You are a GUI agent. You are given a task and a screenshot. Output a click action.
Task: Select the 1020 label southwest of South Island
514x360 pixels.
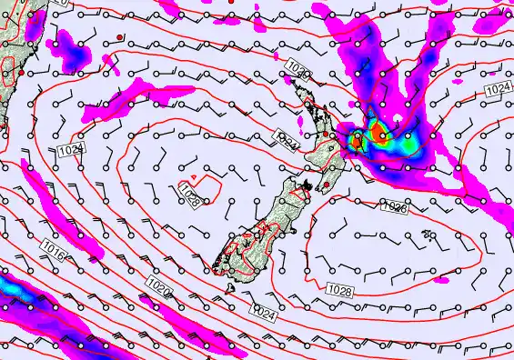pos(158,288)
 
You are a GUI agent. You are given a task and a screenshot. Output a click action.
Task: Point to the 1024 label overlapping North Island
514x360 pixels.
pos(287,143)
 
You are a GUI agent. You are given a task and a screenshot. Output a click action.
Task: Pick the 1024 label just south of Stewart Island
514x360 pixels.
pos(263,313)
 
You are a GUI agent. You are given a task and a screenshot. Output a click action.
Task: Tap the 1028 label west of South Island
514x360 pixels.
pos(190,199)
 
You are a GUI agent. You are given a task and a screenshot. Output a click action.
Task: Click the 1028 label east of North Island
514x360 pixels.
pos(393,208)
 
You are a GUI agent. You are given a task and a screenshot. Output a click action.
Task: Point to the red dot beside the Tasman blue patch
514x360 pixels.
pos(120,36)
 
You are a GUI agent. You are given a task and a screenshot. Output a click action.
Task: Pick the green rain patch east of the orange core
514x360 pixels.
pos(408,143)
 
